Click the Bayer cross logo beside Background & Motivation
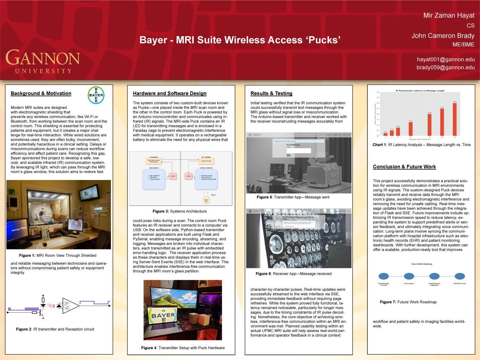(96, 95)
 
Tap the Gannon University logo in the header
(43, 61)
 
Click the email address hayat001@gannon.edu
(445, 59)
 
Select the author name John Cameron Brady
(443, 35)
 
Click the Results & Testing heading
(271, 93)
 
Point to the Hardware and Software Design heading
(170, 93)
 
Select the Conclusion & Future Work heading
(404, 167)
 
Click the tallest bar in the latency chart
(454, 119)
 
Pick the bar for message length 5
(411, 129)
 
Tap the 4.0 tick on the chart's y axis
(378, 93)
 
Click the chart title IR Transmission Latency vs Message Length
(420, 90)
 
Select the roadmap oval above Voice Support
(409, 276)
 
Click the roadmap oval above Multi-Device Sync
(459, 276)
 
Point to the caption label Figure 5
(264, 197)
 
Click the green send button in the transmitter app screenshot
(288, 155)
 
